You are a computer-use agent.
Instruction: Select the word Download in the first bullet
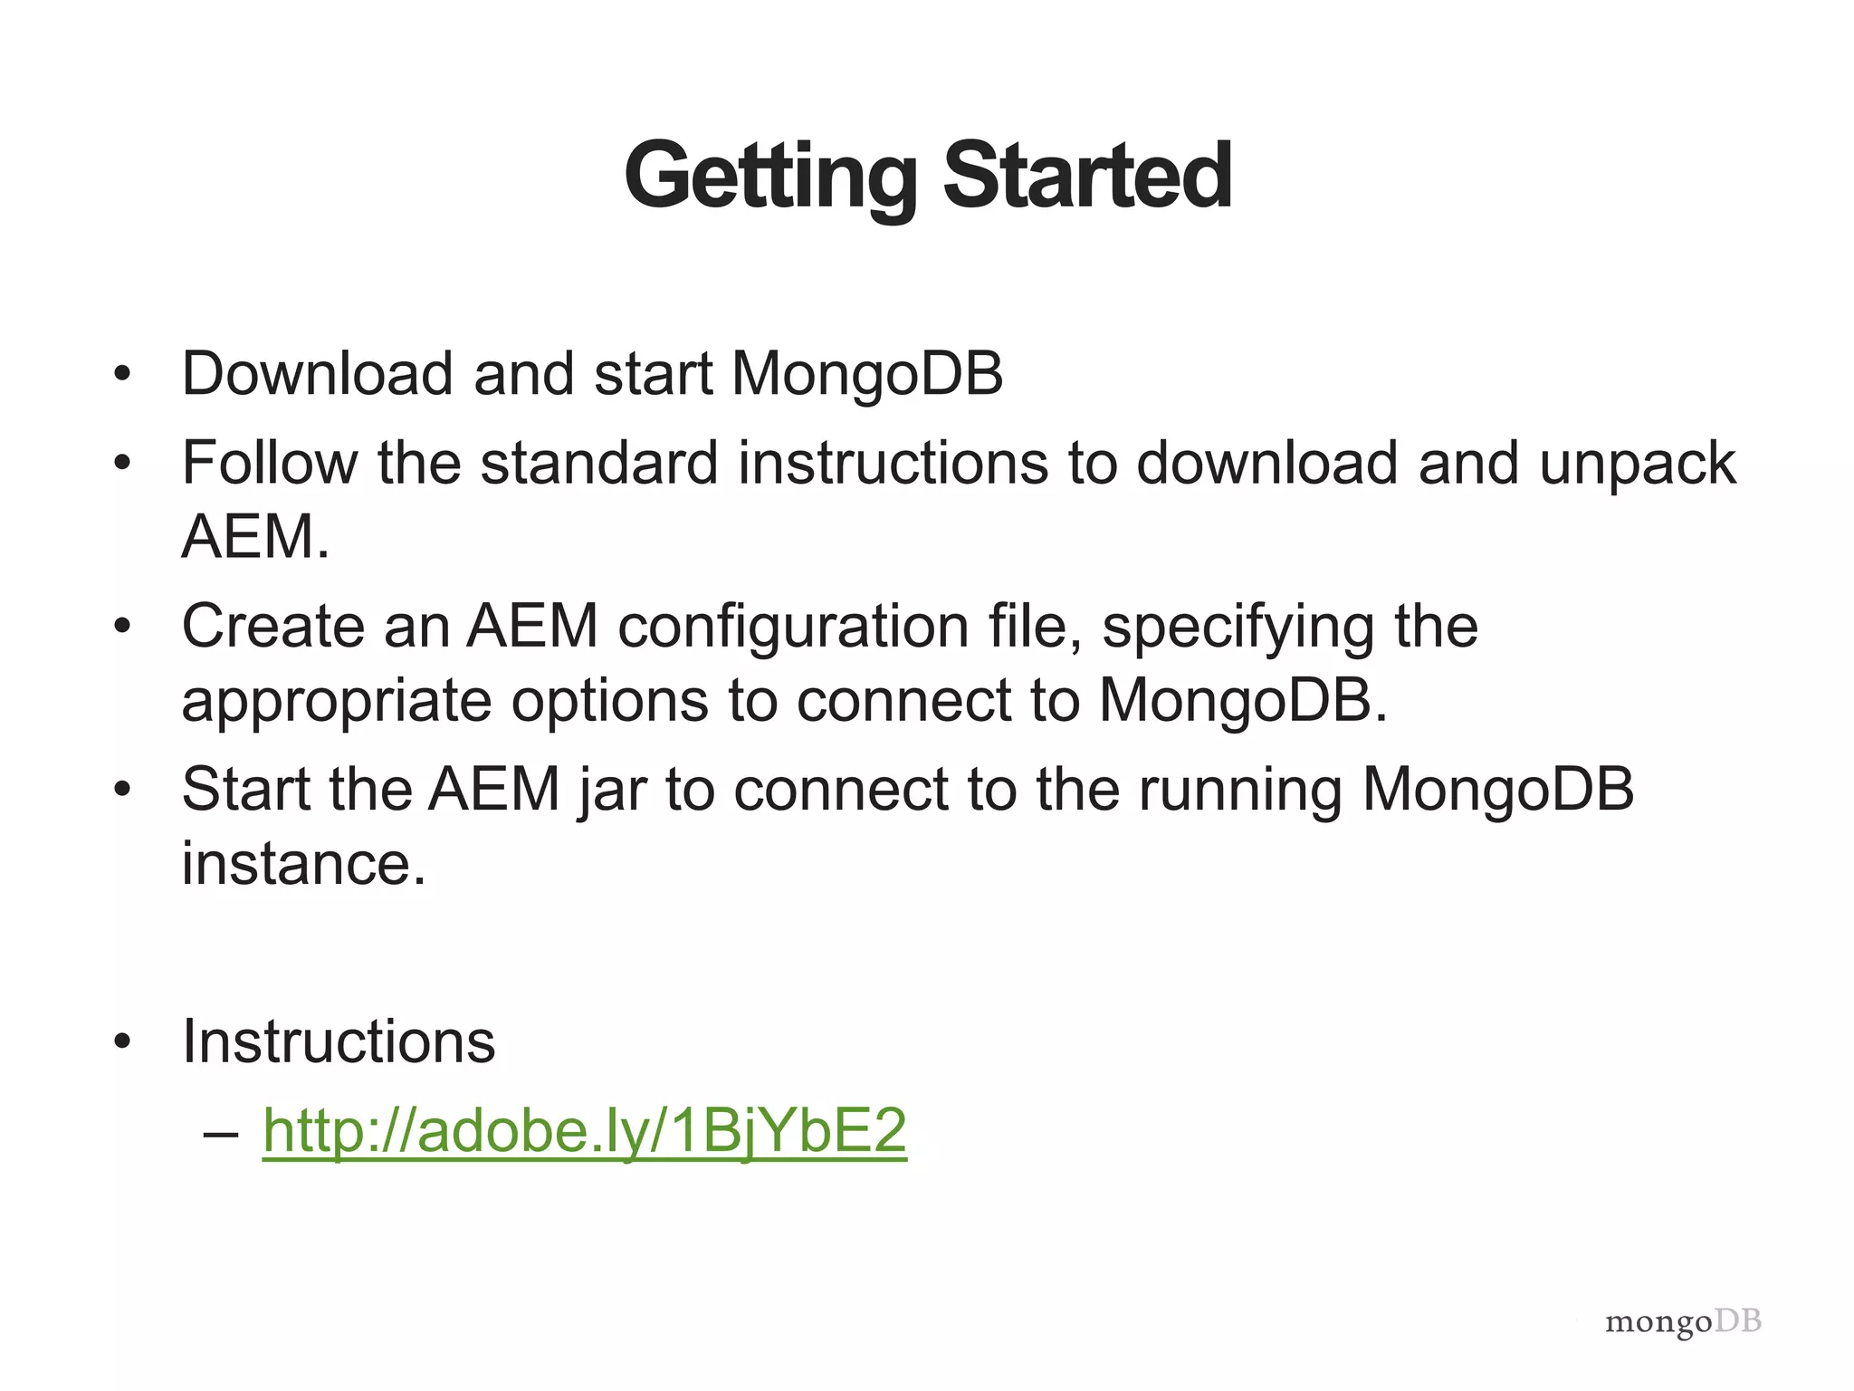pos(317,373)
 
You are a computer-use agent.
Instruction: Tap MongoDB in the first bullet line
pos(866,373)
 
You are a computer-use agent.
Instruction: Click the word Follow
pos(269,463)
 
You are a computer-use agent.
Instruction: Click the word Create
pos(272,626)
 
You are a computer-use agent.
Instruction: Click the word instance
pos(303,863)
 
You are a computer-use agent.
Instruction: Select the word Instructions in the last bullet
pos(339,1041)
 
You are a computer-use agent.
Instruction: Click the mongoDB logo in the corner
pos(1683,1322)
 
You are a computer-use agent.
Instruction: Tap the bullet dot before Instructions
pos(123,1042)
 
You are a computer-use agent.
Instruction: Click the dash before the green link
pos(222,1133)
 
